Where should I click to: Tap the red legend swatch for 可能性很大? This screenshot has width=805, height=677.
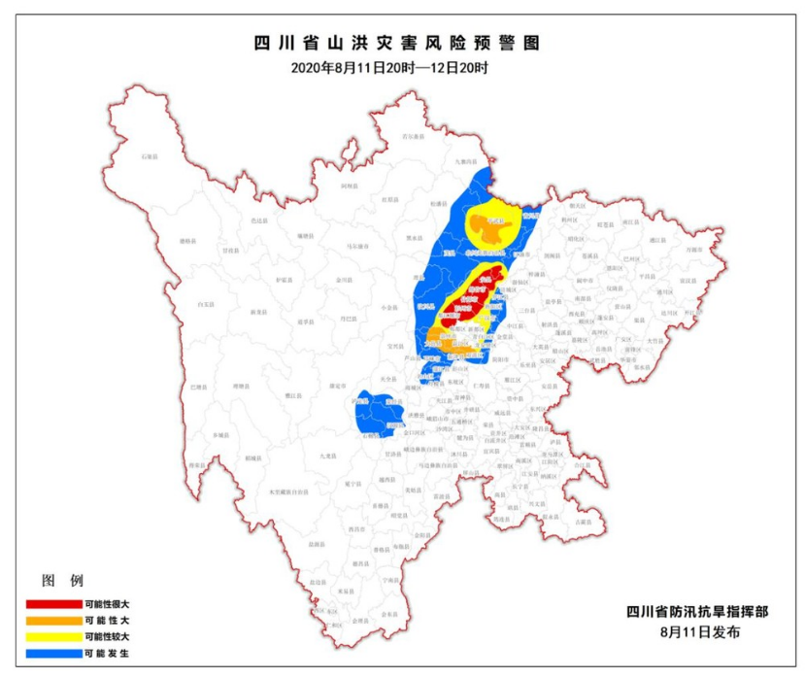click(51, 604)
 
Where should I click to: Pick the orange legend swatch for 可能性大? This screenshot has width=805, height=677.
click(51, 620)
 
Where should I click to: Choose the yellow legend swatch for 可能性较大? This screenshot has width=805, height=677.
click(51, 636)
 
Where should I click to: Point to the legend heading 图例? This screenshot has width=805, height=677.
click(57, 582)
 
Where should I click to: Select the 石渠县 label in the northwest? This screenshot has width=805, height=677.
click(149, 155)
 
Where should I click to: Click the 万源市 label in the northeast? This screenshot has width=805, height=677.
click(692, 249)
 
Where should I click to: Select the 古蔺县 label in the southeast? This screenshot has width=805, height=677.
click(582, 522)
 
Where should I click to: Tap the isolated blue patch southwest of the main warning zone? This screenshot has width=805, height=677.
click(378, 413)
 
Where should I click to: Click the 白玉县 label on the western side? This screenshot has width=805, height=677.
click(206, 304)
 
